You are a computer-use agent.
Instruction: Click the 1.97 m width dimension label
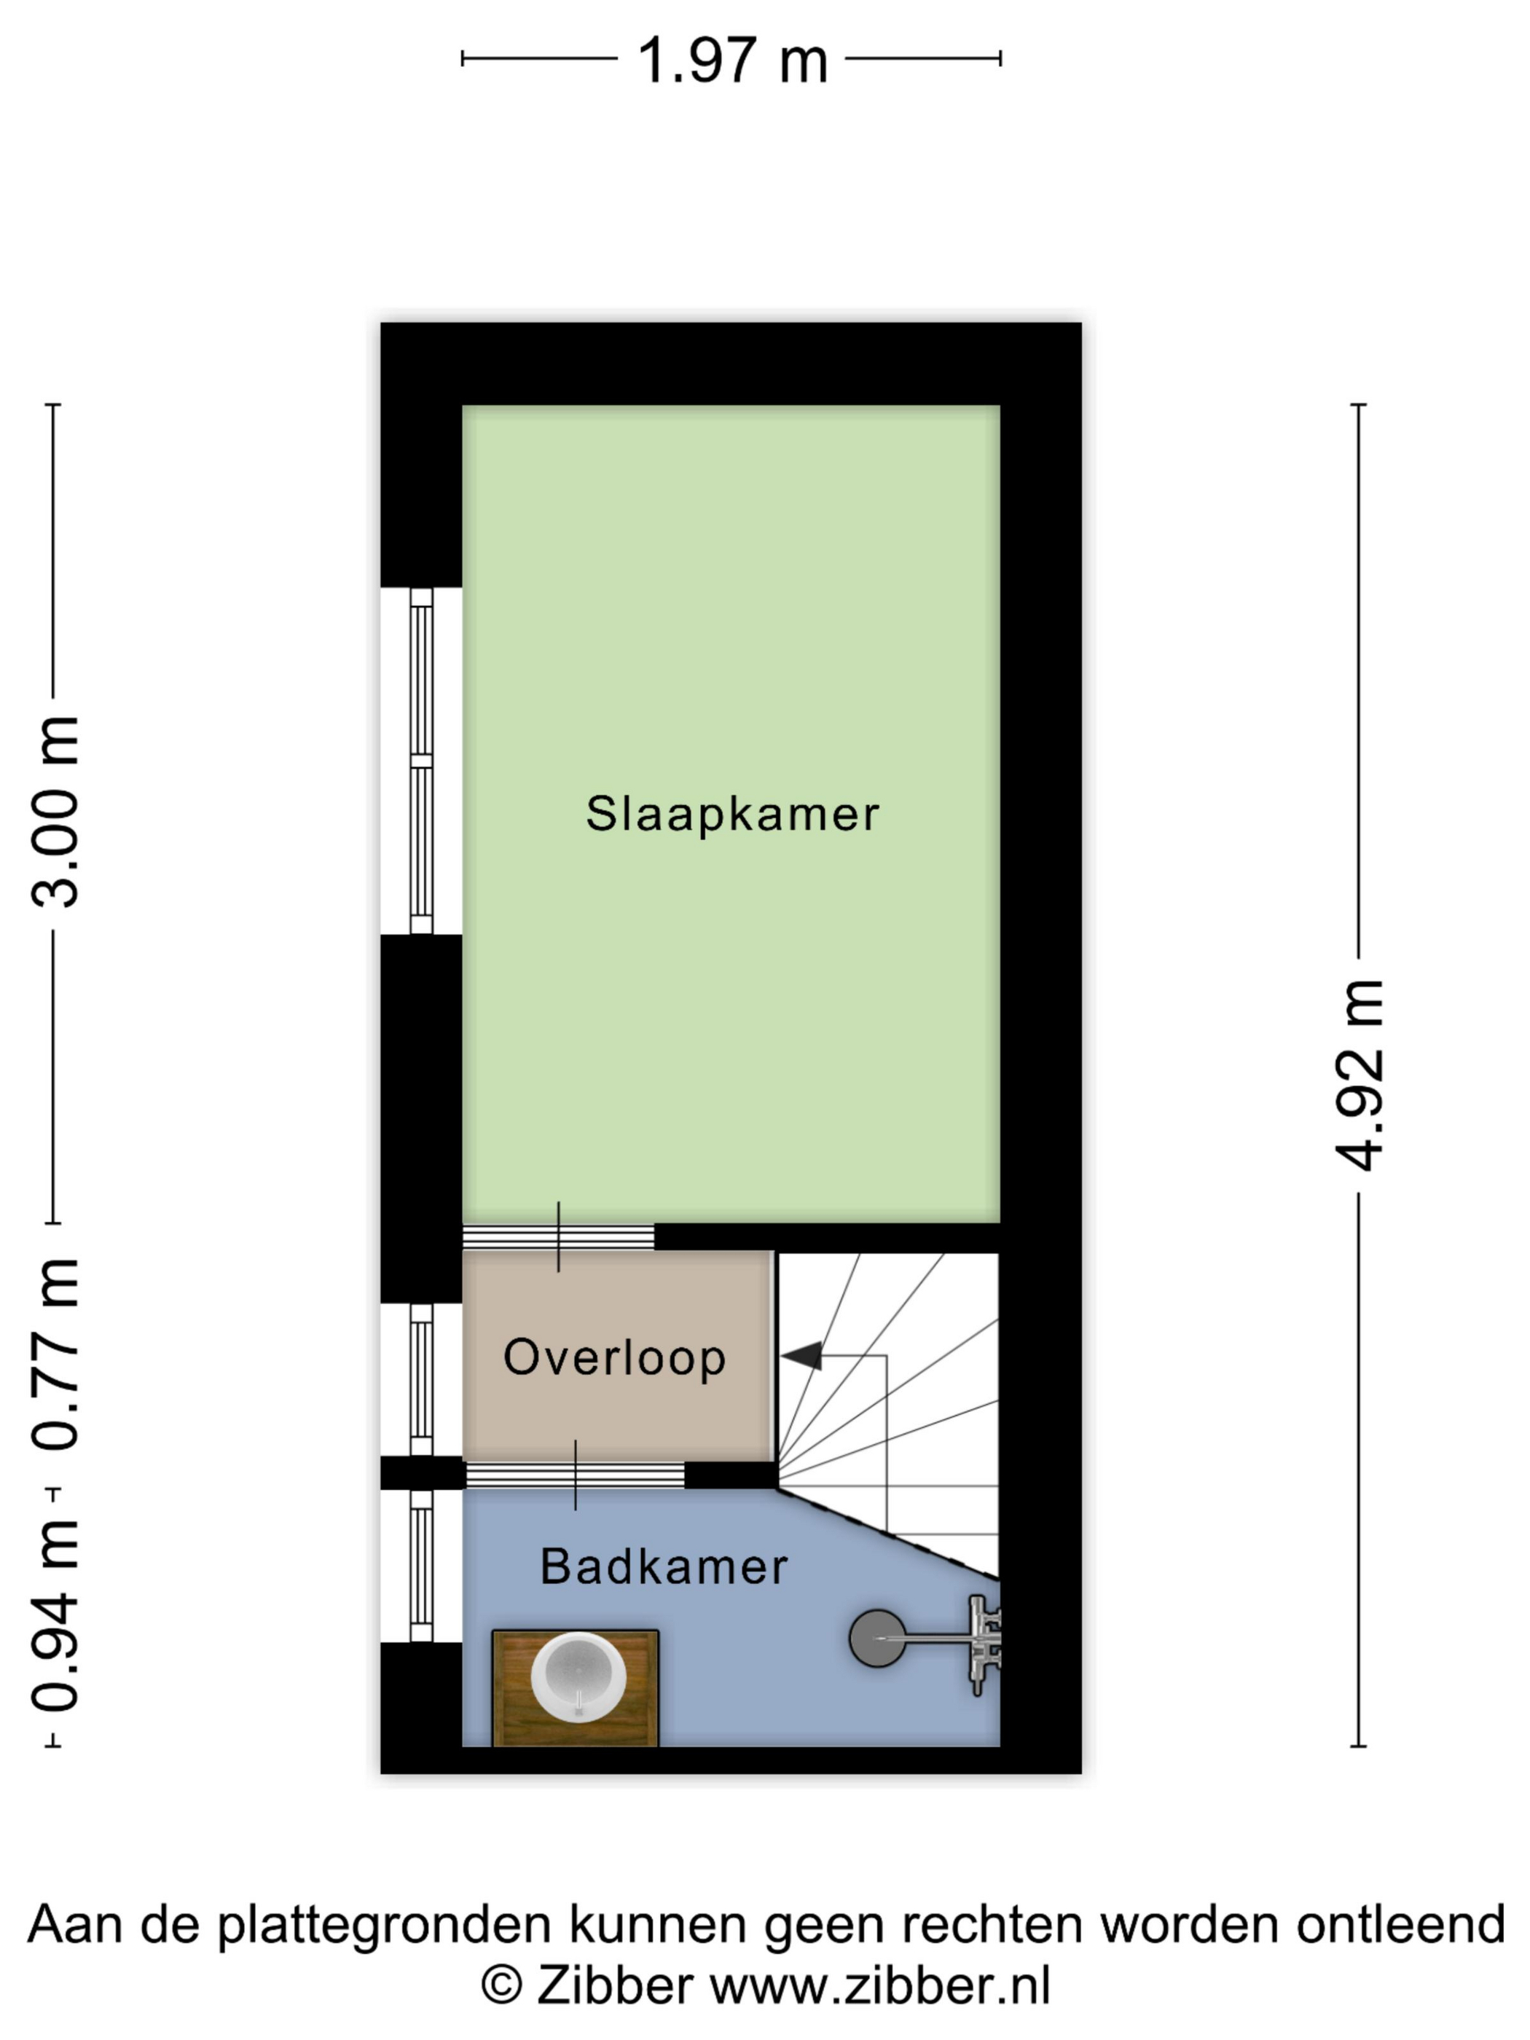click(732, 61)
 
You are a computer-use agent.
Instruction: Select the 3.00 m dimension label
click(55, 812)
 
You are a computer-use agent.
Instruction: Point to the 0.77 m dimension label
click(55, 1354)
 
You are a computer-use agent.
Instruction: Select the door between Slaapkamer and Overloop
click(558, 1236)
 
